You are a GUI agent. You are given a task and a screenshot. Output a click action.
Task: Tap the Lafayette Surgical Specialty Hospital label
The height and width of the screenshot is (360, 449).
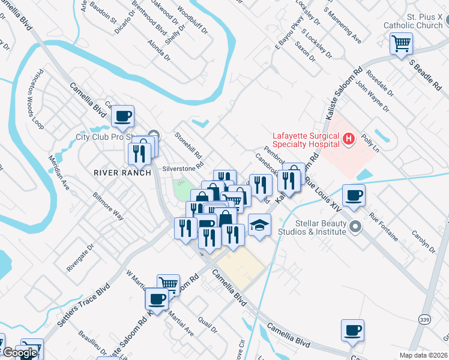(x=306, y=139)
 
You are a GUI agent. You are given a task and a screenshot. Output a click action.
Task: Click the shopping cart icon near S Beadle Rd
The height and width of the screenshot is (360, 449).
(x=401, y=43)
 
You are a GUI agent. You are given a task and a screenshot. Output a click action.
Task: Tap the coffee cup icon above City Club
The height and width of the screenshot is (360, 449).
(x=123, y=116)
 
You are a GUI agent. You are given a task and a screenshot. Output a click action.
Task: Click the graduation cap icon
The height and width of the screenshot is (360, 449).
(x=259, y=225)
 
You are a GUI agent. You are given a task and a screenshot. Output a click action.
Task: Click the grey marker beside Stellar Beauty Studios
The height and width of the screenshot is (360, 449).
(x=355, y=227)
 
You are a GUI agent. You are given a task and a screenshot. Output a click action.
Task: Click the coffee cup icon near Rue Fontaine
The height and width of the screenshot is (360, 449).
(x=354, y=195)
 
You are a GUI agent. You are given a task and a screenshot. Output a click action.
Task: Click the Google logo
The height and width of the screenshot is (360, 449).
(x=19, y=353)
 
